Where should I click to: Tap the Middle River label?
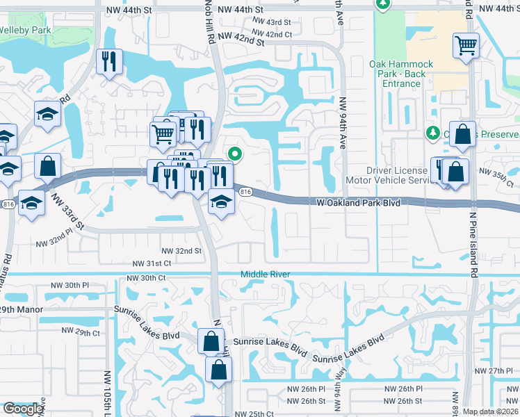[x=265, y=275]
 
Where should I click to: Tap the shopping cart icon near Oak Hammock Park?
[x=466, y=47]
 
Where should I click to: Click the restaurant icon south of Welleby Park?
[x=109, y=61]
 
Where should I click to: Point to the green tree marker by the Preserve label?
[x=432, y=133]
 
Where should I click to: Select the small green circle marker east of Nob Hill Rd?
[x=235, y=154]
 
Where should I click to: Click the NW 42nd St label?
[x=241, y=40]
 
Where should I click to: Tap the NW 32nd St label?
[x=181, y=251]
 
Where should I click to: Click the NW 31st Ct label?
[x=153, y=263]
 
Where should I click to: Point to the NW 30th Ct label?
[x=146, y=278]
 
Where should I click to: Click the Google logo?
[x=23, y=409]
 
